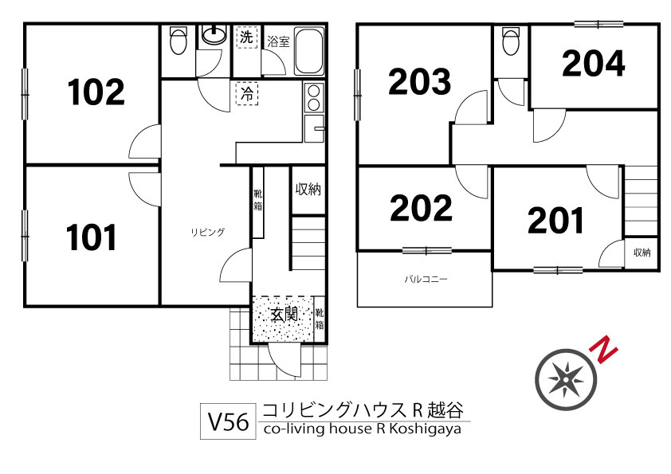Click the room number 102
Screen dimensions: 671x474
96,92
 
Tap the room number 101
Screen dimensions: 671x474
91,237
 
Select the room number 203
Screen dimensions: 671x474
419,81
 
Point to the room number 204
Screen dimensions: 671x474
594,63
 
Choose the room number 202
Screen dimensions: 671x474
421,207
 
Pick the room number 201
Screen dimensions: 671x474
555,221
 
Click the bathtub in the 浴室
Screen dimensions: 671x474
309,51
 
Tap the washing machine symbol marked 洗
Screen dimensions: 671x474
247,37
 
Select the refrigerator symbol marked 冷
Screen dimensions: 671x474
247,94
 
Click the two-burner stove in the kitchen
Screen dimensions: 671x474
314,97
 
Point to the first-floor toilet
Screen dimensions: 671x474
178,41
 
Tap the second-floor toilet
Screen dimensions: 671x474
511,41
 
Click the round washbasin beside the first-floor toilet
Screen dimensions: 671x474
214,35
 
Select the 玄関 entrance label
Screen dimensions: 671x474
284,315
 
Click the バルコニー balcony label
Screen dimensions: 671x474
426,280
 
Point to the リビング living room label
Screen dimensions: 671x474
207,233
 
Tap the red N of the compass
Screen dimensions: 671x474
603,349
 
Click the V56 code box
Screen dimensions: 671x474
229,421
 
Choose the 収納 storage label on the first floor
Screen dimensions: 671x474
308,189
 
